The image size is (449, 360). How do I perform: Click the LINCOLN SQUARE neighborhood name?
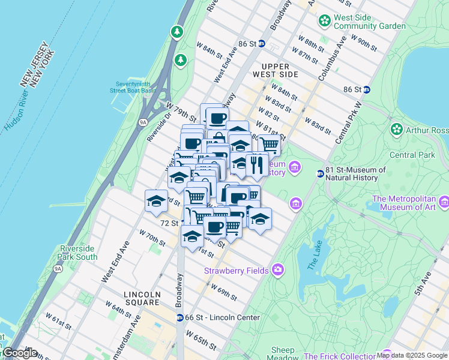point(142,295)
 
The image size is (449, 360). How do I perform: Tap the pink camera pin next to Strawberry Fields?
point(277,271)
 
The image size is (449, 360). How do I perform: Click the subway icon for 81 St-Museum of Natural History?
point(321,174)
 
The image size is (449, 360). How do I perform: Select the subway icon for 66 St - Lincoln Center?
point(179,317)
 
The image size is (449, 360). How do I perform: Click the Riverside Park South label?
point(79,253)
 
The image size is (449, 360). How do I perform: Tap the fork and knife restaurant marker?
point(257,164)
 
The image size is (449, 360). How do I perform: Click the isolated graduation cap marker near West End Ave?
point(156,200)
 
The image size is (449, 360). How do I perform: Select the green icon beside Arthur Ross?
point(396,130)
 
